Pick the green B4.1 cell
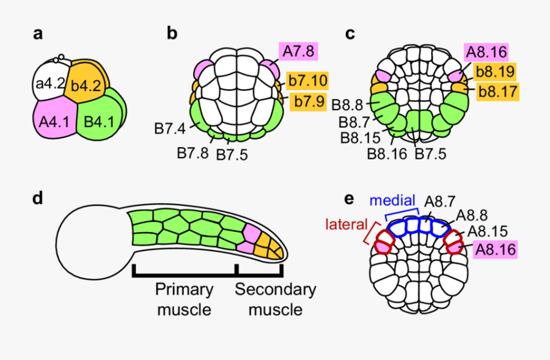pos(98,120)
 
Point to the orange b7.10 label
pos(307,80)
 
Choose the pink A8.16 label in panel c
pos(485,52)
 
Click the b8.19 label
pos(495,72)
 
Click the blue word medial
pos(392,200)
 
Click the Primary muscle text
pos(184,299)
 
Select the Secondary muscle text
pos(275,299)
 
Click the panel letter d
pos(38,199)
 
